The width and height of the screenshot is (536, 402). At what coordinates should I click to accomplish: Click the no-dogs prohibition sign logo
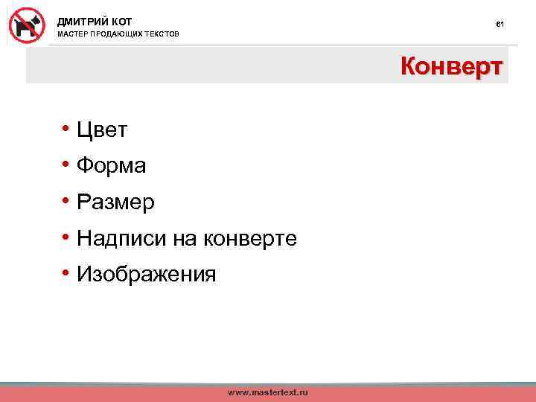(28, 25)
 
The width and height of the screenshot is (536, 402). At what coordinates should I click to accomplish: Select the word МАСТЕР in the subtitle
(72, 35)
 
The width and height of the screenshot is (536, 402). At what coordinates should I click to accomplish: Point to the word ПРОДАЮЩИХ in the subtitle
(118, 35)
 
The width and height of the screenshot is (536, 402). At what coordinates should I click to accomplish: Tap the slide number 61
(500, 25)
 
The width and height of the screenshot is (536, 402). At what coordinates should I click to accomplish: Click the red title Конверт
(452, 67)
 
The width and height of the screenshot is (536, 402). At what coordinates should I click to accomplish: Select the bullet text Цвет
(102, 130)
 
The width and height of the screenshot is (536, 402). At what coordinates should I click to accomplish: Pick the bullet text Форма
(111, 166)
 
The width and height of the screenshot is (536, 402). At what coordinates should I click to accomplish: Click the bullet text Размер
(115, 202)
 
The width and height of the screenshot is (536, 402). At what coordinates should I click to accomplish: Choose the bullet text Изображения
(146, 275)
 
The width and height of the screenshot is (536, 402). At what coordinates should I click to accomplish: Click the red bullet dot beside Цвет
(66, 130)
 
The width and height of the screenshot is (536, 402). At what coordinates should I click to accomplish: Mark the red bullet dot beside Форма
(66, 165)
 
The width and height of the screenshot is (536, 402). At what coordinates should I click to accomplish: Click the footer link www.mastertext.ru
(267, 392)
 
